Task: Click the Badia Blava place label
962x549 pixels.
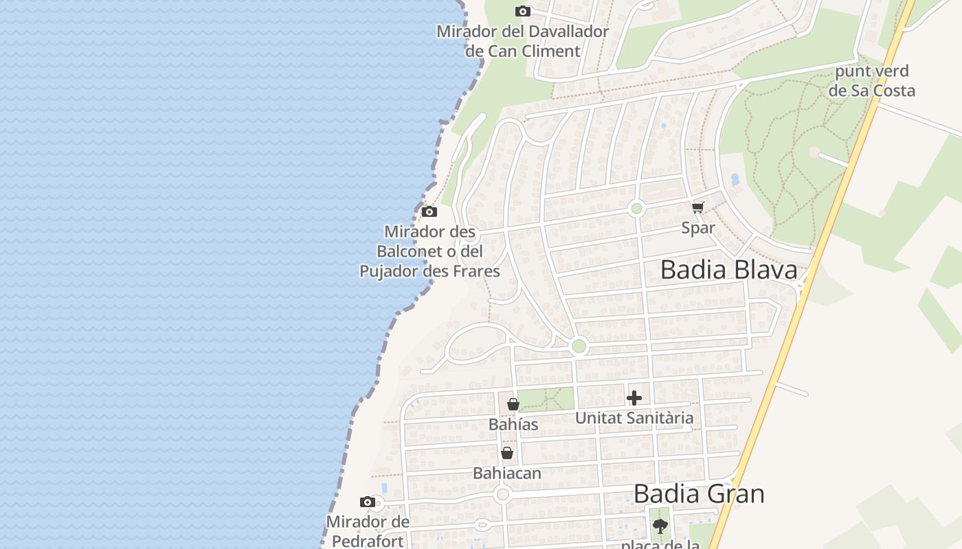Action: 728,270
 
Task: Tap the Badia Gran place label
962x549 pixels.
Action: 699,493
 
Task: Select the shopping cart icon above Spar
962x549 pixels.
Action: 697,208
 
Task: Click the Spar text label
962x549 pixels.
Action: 698,228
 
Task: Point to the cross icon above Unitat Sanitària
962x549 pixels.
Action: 634,398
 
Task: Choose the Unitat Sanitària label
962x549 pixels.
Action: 634,418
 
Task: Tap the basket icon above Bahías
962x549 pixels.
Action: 513,404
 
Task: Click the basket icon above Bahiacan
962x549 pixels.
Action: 507,453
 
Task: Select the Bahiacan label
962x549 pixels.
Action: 507,473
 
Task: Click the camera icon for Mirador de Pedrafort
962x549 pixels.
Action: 368,502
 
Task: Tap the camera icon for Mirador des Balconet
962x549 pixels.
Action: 429,211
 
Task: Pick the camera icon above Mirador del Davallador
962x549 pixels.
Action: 523,11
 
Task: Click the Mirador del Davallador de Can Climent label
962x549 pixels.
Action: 523,41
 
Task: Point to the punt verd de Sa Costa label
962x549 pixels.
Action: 871,81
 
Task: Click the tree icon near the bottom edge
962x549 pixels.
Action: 660,526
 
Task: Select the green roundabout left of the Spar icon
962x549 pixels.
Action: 636,209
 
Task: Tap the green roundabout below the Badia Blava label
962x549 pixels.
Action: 579,346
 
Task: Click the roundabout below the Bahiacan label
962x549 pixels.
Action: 503,494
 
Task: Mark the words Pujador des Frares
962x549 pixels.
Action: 429,271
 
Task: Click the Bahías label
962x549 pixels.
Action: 513,425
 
